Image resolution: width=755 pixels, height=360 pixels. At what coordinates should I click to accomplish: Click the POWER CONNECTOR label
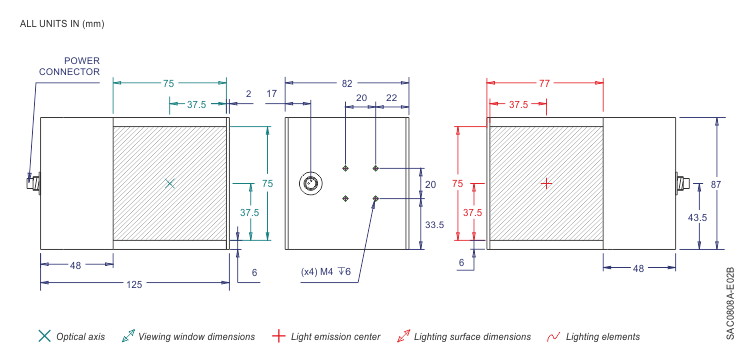70,66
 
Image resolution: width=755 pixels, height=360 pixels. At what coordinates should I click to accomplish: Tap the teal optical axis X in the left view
169,183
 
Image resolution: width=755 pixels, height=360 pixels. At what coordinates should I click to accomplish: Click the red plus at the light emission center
546,183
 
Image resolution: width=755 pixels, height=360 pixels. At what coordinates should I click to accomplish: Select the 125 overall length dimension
134,284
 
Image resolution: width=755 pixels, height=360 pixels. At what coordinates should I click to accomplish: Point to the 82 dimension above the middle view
347,83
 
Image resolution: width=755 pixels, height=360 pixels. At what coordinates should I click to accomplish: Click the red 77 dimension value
544,83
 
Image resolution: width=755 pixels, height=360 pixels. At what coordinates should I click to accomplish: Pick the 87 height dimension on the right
730,183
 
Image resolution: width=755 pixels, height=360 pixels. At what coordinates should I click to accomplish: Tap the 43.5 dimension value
697,217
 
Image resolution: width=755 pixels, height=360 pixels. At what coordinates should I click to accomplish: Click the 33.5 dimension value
434,224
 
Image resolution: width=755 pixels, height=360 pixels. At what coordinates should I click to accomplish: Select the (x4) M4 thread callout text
326,272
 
